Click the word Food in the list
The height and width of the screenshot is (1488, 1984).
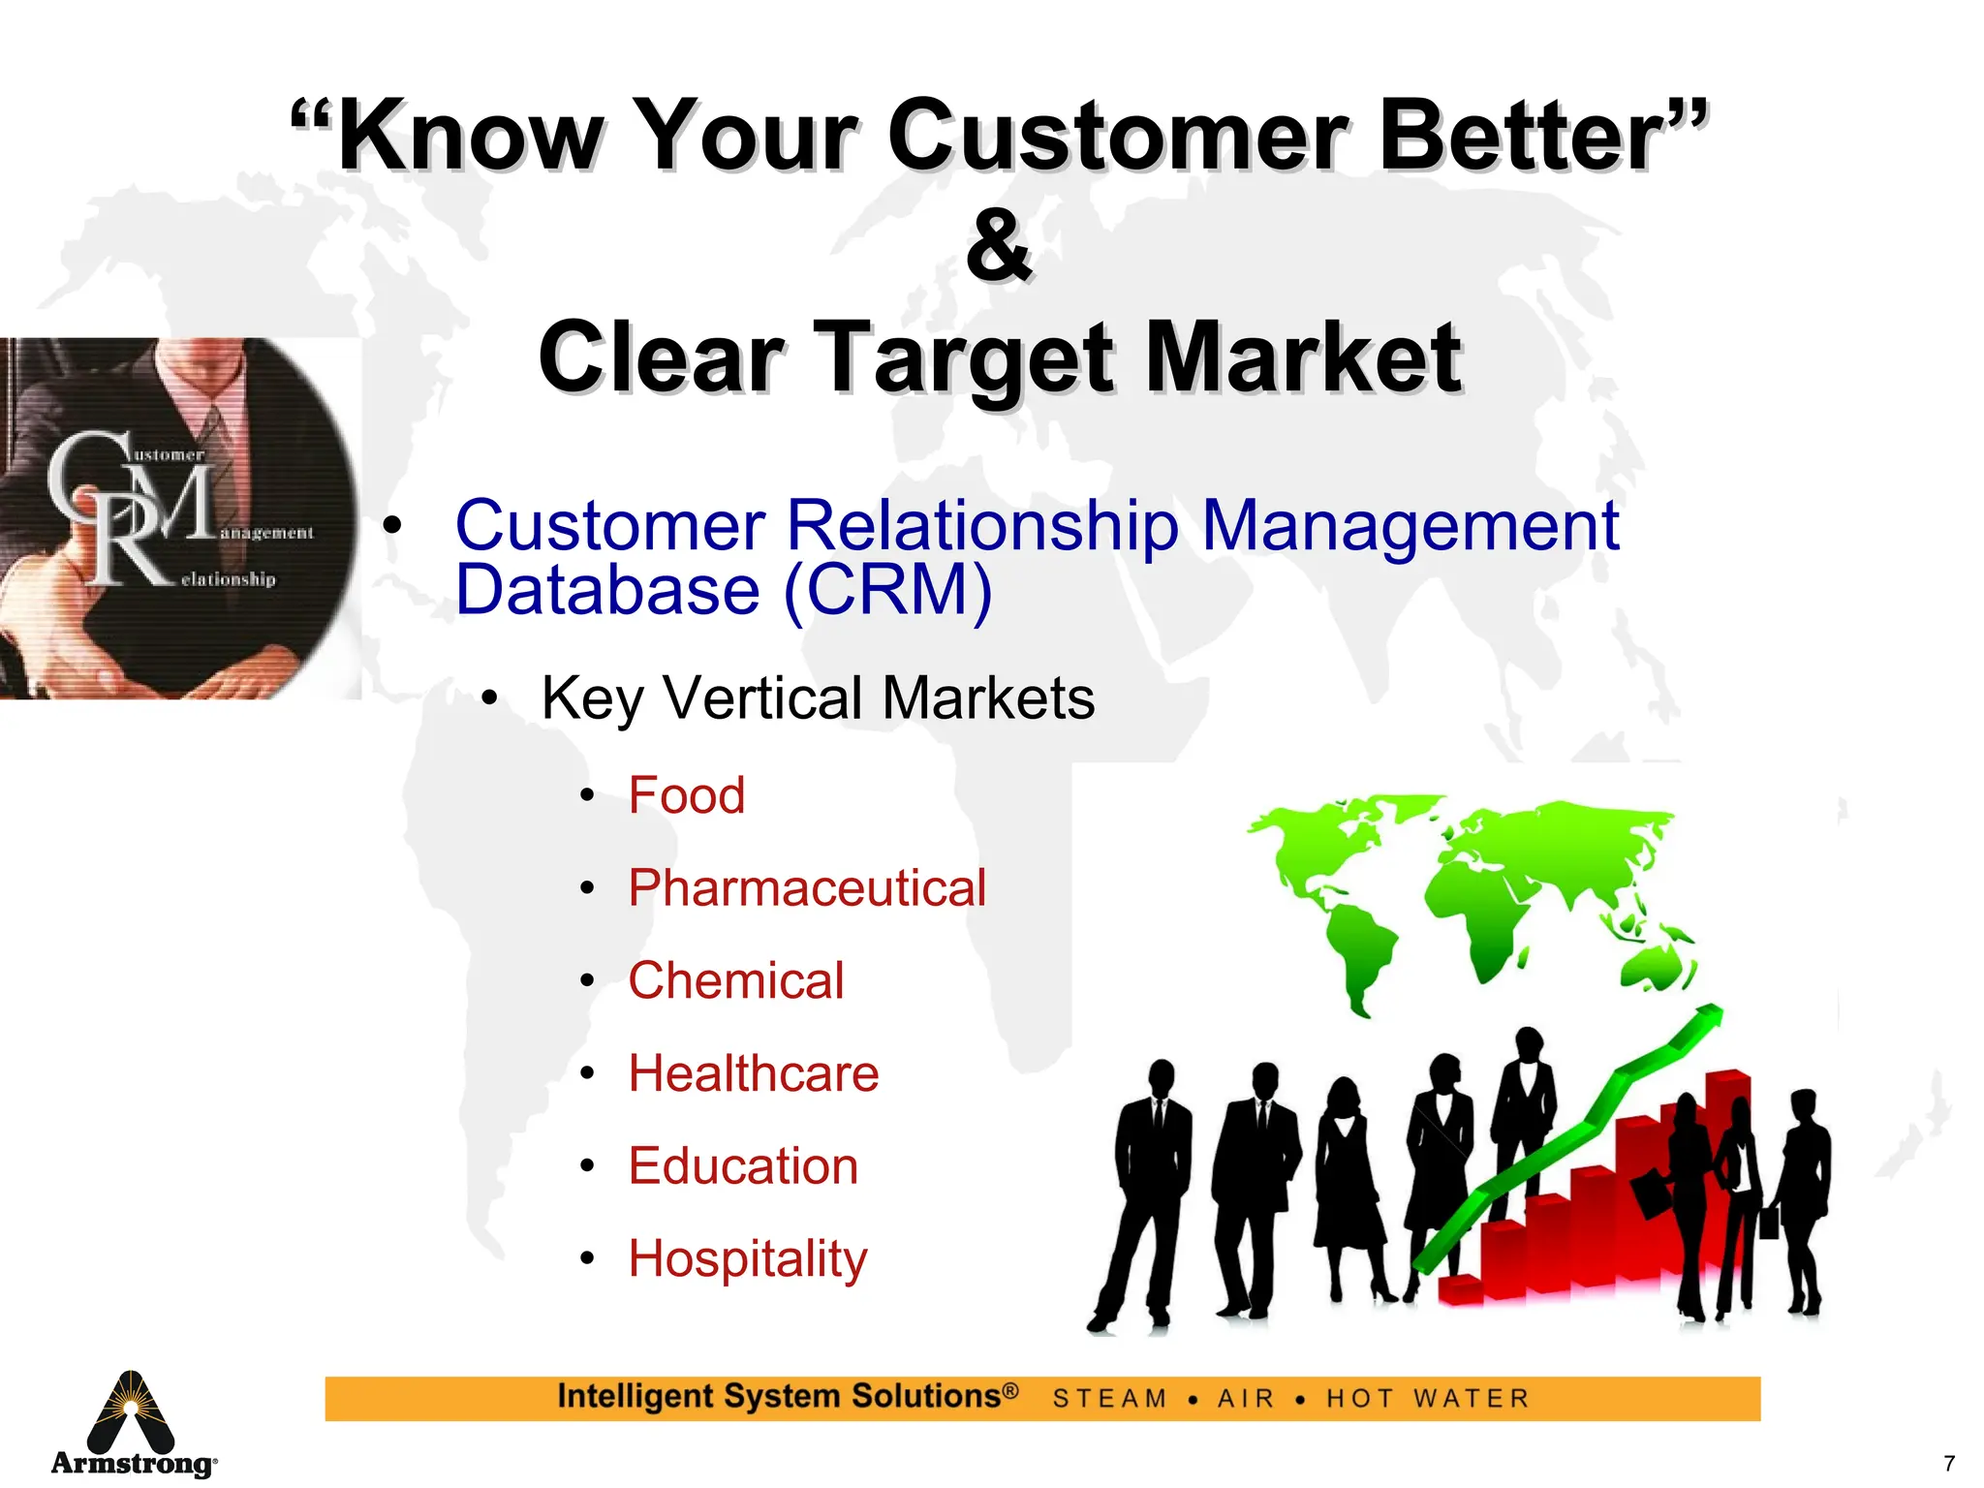(686, 795)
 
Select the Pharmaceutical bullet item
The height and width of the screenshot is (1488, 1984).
(807, 888)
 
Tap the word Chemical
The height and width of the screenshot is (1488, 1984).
(736, 980)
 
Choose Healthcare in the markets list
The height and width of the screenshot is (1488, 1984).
(754, 1073)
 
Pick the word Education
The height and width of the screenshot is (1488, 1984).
(743, 1166)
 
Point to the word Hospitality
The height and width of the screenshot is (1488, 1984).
(748, 1258)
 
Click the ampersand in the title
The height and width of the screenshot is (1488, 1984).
(999, 246)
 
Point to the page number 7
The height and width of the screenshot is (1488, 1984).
(1949, 1463)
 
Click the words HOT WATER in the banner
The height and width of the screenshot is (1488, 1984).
(1428, 1399)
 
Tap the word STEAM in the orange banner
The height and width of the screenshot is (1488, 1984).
(1110, 1399)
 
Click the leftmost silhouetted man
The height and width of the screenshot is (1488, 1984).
(1148, 1192)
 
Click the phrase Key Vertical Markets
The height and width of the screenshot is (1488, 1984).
(818, 697)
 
